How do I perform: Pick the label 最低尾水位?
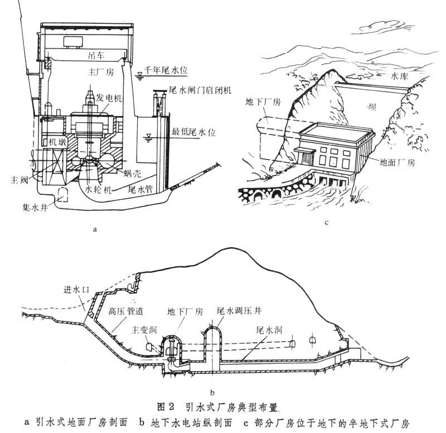pos(190,133)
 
